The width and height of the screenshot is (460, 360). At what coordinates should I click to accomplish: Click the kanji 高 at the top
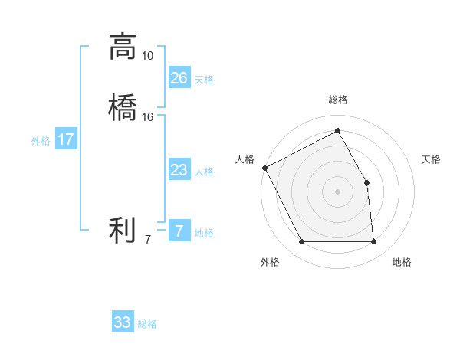tap(123, 47)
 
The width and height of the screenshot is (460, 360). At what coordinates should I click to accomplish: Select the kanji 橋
tap(123, 108)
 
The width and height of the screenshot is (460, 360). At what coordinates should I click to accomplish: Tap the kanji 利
tap(123, 231)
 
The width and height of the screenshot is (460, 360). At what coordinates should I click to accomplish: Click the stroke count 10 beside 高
tap(148, 56)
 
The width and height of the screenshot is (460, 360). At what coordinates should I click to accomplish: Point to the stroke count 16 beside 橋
tap(148, 117)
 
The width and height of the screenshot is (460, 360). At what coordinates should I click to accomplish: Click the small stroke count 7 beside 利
tap(148, 240)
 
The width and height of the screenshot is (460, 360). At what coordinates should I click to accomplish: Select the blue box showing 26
tap(179, 78)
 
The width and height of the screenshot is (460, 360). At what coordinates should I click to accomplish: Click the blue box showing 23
tap(179, 170)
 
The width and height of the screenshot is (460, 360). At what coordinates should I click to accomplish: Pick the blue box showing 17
tap(66, 139)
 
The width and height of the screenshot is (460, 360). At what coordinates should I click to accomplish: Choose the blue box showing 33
tap(123, 322)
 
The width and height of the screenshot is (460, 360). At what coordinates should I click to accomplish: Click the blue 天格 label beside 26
tap(204, 80)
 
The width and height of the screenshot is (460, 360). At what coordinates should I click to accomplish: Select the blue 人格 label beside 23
tap(204, 172)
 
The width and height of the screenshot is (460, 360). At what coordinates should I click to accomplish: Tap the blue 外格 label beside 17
tap(41, 141)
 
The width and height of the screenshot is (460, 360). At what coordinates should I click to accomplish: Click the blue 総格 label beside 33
tap(148, 324)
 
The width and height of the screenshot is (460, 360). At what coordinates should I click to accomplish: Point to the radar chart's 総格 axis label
tap(337, 100)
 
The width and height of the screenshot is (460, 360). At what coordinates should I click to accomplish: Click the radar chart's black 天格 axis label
tap(431, 159)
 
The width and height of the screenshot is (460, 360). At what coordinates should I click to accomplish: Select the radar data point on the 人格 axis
tap(264, 168)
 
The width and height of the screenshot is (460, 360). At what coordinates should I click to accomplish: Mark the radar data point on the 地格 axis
tap(374, 242)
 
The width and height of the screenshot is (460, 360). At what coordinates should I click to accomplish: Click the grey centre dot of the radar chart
tap(337, 191)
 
